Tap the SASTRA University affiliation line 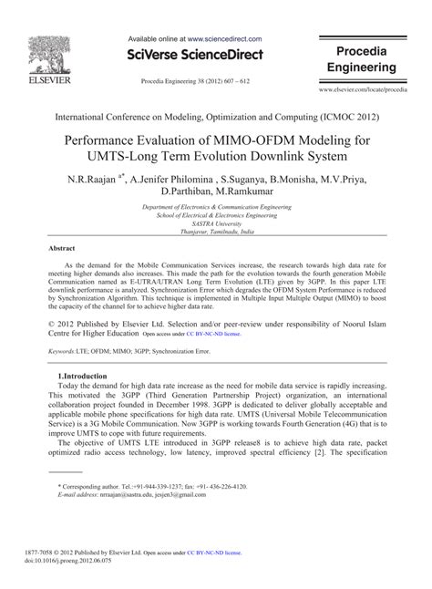(x=216, y=222)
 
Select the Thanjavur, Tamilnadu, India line (x=216, y=231)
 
